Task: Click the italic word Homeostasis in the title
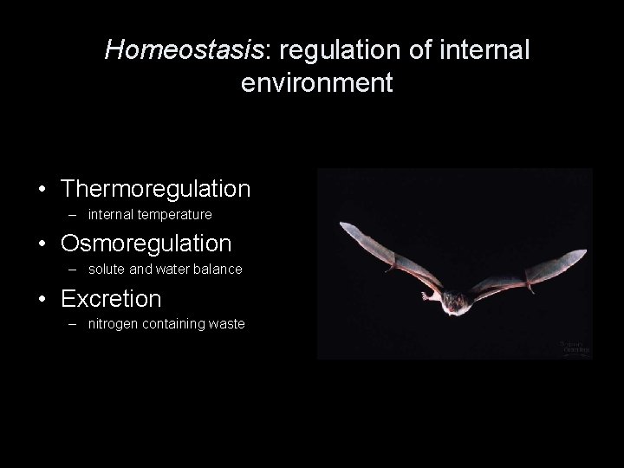coord(183,50)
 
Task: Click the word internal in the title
coord(484,50)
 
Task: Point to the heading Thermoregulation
coord(156,188)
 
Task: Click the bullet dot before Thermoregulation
coord(42,189)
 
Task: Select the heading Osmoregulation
coord(146,244)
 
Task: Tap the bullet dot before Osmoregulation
coord(42,244)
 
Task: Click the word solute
coord(107,270)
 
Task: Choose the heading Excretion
coord(111,299)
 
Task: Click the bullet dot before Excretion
coord(42,300)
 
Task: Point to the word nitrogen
coord(113,324)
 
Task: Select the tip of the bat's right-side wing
coord(583,253)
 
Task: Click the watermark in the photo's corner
coord(574,348)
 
